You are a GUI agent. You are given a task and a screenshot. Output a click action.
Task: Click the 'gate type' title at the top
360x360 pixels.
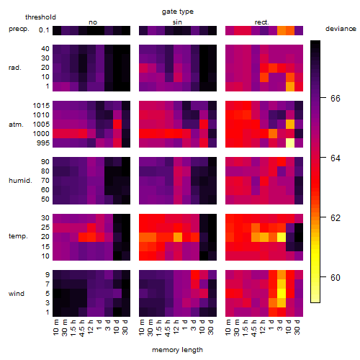point(178,12)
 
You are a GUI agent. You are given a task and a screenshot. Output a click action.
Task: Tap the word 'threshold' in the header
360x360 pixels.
point(40,17)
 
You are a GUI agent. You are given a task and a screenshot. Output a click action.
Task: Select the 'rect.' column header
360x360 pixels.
point(261,22)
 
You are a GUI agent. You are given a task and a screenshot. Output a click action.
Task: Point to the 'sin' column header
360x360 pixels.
point(177,22)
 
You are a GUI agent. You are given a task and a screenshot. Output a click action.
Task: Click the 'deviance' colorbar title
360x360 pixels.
point(341,29)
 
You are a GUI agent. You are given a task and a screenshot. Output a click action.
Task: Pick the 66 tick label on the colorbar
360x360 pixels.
point(336,99)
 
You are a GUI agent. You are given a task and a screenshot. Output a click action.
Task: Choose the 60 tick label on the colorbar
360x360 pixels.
point(336,278)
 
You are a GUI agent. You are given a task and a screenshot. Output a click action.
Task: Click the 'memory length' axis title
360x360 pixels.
point(177,350)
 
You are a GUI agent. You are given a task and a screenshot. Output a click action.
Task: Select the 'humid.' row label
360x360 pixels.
point(20,181)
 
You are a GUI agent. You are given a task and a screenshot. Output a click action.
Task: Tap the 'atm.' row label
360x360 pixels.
point(16,125)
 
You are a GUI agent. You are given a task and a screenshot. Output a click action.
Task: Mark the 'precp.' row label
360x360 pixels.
point(19,29)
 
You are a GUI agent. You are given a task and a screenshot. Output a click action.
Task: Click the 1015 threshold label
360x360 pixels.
point(41,106)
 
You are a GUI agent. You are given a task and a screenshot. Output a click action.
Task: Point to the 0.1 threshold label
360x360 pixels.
point(44,30)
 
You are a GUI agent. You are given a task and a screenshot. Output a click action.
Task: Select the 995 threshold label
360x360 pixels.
point(43,143)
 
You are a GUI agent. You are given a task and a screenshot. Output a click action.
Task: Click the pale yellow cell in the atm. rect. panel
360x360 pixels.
point(290,143)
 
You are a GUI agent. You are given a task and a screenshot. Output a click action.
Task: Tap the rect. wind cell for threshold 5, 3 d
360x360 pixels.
point(282,293)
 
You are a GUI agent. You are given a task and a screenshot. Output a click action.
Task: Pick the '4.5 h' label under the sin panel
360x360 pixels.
point(168,328)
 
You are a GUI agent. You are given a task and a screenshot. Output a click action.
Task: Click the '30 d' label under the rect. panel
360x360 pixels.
point(297,327)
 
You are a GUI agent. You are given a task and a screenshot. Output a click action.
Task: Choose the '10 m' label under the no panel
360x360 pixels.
point(55,328)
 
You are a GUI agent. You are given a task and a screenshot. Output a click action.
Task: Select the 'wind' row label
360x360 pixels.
point(17,294)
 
